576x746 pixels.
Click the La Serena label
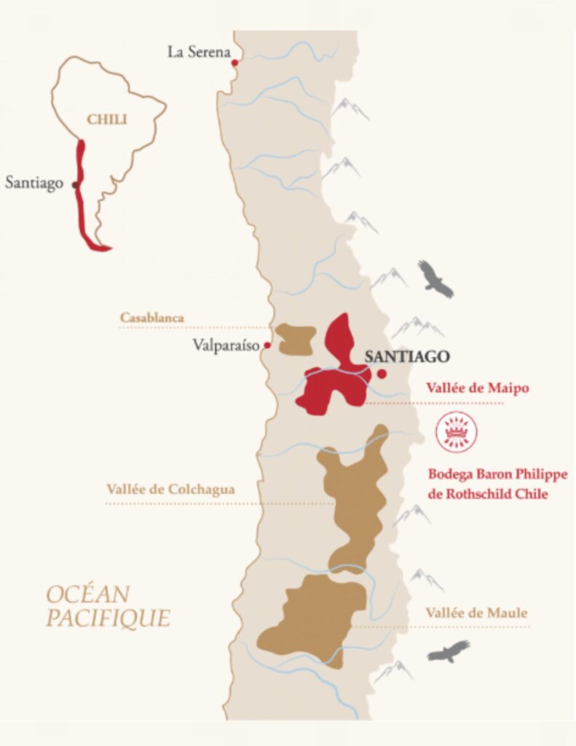[x=198, y=52]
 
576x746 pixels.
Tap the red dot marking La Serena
[x=234, y=63]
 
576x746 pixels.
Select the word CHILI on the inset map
[x=107, y=119]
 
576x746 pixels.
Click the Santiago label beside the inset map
[x=34, y=183]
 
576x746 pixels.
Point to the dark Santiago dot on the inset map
[x=75, y=185]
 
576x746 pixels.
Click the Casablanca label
[x=152, y=318]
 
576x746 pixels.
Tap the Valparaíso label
[x=226, y=345]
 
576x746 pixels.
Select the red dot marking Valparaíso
[x=268, y=345]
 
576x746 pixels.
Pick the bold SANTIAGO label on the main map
[x=407, y=356]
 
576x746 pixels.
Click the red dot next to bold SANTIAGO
[x=381, y=374]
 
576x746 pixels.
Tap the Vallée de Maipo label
[x=478, y=389]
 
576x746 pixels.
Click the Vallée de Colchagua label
[x=170, y=490]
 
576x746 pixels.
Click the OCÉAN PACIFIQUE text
[x=108, y=606]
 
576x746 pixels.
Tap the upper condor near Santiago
[x=435, y=279]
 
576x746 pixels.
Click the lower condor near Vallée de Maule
[x=448, y=651]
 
